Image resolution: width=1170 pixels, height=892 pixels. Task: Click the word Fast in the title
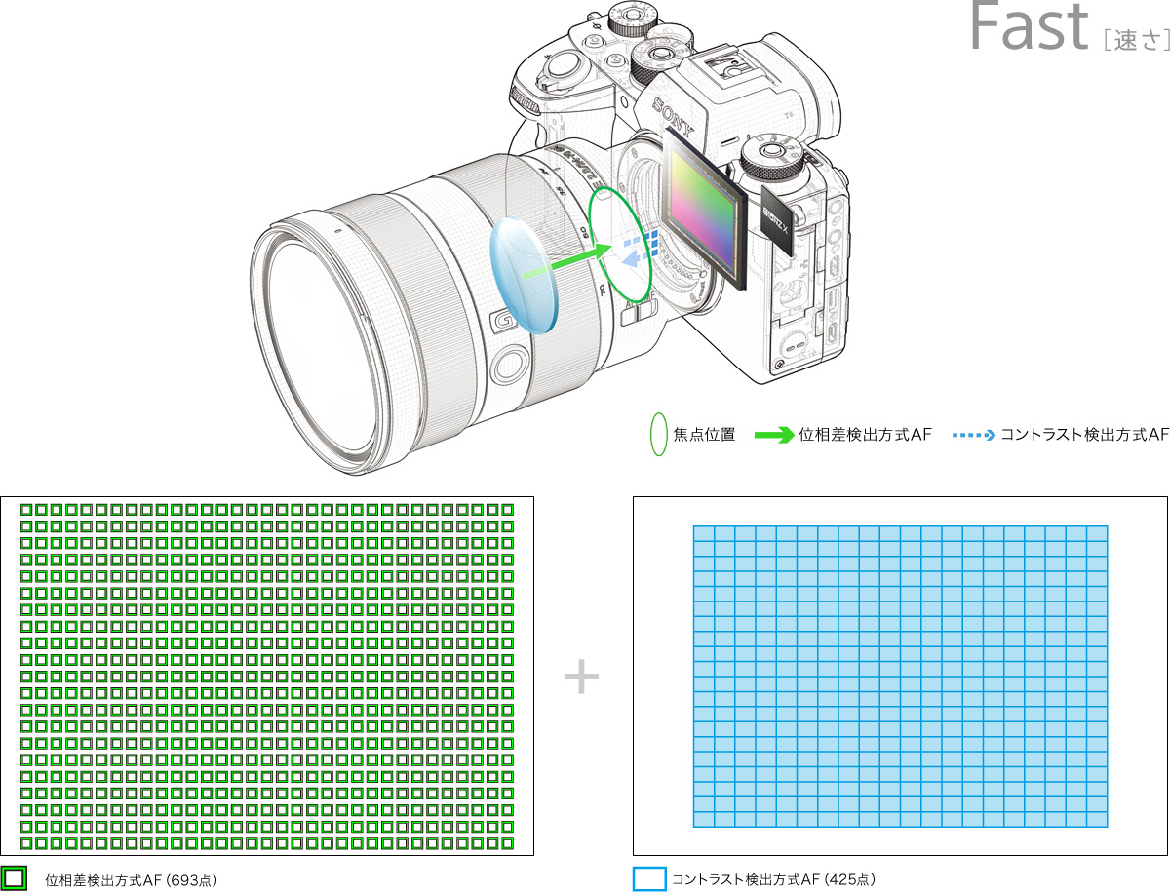[1029, 25]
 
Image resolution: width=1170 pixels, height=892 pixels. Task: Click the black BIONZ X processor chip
[777, 220]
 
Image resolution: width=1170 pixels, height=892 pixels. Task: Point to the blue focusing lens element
[523, 276]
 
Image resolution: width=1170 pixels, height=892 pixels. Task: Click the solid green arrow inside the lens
[566, 261]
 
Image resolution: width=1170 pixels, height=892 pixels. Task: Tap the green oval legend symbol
[659, 434]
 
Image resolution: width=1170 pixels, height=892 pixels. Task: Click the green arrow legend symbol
[774, 435]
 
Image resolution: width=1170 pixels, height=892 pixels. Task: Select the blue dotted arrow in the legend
[973, 436]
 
